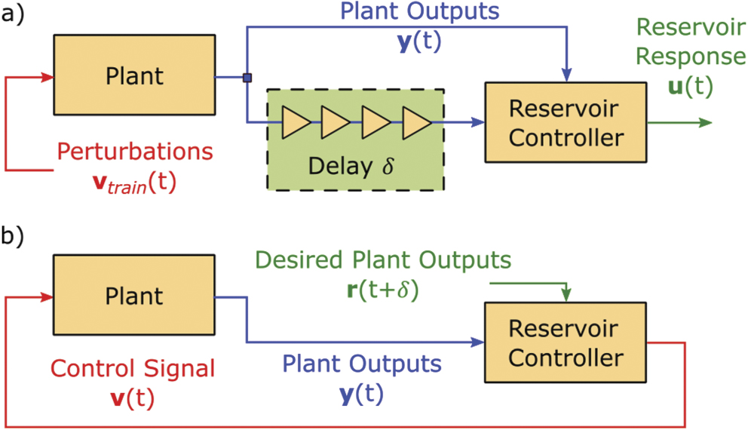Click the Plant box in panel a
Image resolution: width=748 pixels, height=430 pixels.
pos(134,76)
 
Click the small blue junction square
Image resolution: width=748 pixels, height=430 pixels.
pos(246,77)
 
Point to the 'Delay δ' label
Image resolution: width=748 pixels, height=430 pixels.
pos(354,165)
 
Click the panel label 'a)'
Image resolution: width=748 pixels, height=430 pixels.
pos(15,16)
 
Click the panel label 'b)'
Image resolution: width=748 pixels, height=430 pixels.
pos(15,236)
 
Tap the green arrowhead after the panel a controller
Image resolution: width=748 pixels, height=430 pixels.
pos(704,123)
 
